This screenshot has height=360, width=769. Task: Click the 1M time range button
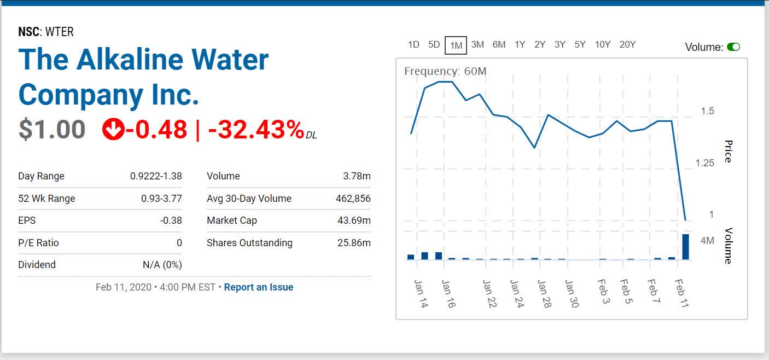point(456,45)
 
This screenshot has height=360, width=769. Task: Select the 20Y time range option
point(627,45)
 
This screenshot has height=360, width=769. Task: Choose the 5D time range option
point(434,45)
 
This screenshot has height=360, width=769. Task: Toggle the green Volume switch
point(733,47)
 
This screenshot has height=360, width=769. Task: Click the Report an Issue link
point(259,287)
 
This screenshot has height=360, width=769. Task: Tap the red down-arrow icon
point(113,130)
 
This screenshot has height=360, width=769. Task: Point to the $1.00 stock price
point(52,130)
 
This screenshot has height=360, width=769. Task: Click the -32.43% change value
point(256,130)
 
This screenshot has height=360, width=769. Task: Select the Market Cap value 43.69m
point(354,220)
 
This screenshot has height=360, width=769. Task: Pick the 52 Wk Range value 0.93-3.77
point(161,199)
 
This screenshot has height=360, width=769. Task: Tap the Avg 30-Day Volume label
point(249,199)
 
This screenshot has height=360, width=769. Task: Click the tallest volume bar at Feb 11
point(685,247)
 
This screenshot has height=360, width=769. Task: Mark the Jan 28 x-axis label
point(544,294)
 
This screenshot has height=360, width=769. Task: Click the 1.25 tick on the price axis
point(705,163)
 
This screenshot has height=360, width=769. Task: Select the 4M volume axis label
point(707,241)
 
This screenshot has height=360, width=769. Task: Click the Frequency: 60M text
point(445,71)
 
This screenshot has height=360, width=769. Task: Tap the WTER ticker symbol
point(60,32)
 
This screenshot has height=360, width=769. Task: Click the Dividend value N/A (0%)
point(162,265)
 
